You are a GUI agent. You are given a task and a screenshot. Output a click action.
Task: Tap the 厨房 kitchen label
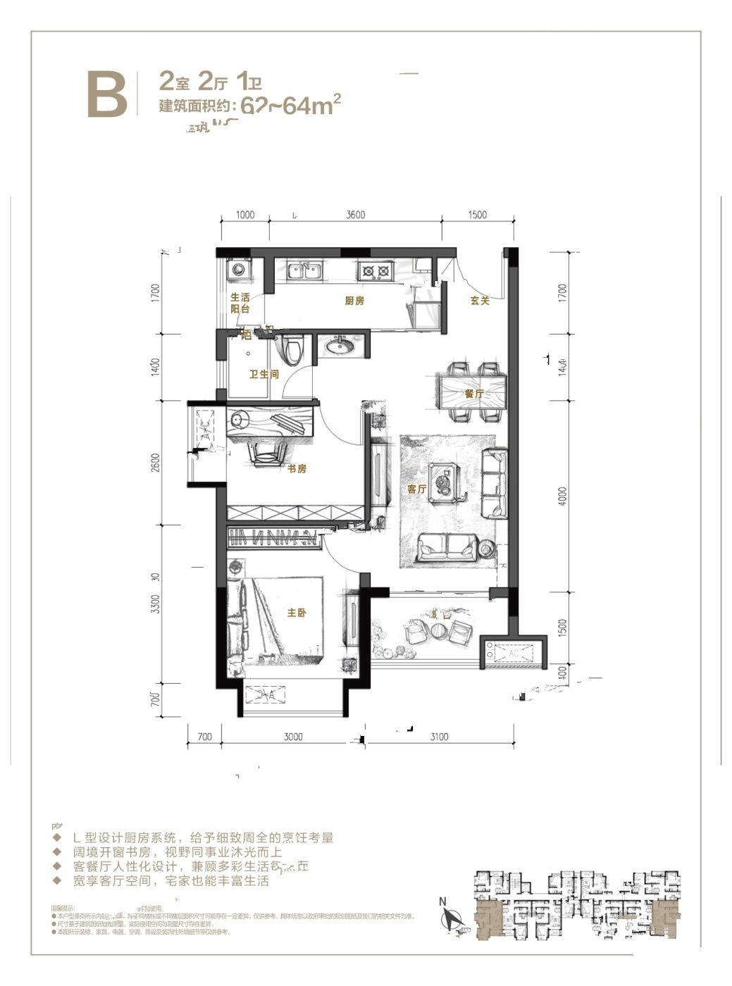click(x=354, y=301)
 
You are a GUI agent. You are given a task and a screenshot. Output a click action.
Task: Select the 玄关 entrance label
click(x=480, y=301)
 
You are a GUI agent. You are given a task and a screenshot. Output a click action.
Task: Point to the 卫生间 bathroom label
click(x=264, y=375)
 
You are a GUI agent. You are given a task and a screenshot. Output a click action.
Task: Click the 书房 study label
click(x=297, y=469)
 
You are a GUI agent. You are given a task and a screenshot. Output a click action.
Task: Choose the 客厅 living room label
click(x=417, y=488)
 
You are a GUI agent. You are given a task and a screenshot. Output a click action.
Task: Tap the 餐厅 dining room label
click(x=474, y=394)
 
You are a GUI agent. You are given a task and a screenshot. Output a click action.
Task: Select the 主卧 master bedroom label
click(x=297, y=613)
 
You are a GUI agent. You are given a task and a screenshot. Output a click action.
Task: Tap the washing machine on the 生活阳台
click(x=237, y=270)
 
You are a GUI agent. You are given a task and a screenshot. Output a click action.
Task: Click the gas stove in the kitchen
click(x=376, y=270)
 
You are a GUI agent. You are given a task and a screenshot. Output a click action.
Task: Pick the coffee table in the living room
click(x=445, y=482)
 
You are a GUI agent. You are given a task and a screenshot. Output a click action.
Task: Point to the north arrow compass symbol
click(x=449, y=916)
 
